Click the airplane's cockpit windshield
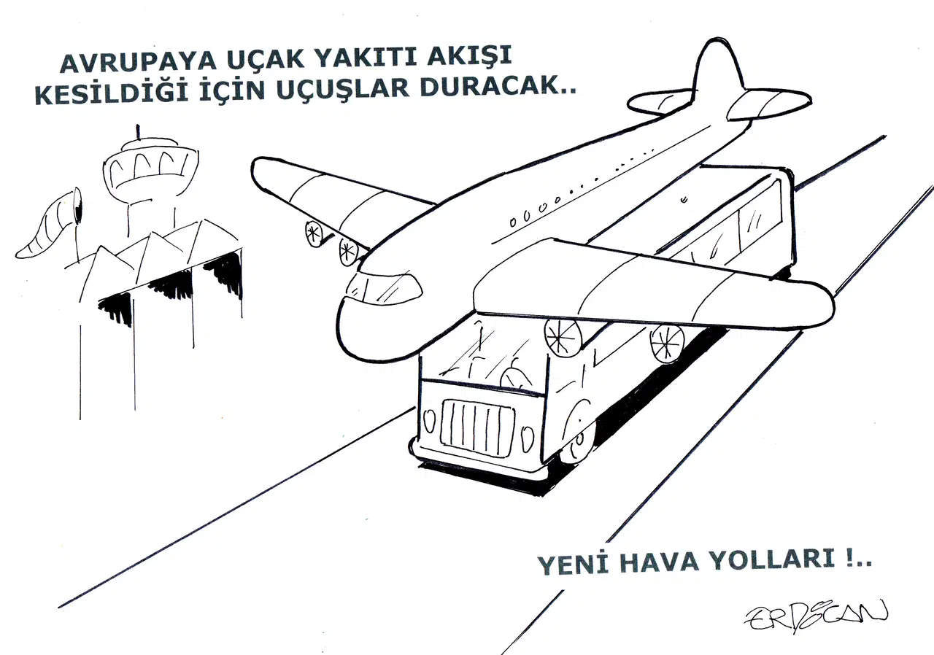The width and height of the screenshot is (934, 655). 385,287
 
